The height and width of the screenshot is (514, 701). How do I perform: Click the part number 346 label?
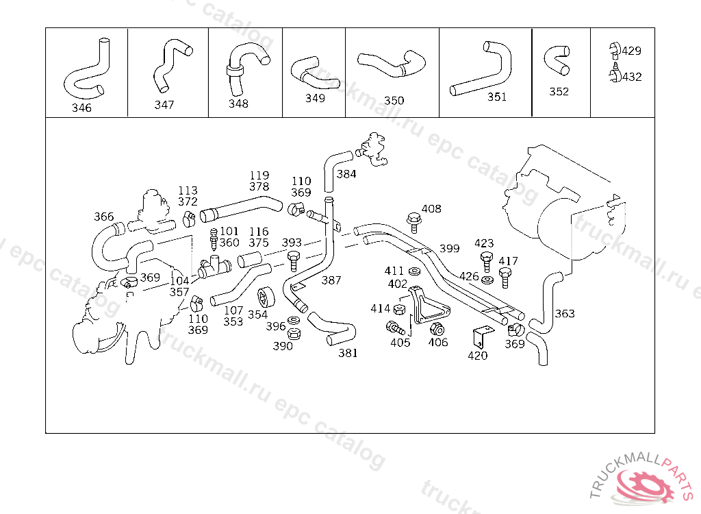[x=81, y=108]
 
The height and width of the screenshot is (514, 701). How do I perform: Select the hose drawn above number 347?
[x=168, y=64]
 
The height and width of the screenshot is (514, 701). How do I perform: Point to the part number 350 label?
[x=394, y=100]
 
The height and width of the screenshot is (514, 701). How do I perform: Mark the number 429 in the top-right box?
[x=631, y=51]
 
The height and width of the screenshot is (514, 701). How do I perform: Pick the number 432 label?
[x=631, y=77]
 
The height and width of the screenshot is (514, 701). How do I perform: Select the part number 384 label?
[x=346, y=174]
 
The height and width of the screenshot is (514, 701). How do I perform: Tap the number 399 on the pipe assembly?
[x=449, y=248]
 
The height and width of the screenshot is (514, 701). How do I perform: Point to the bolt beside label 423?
[x=486, y=260]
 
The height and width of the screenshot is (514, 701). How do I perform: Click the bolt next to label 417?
[x=505, y=276]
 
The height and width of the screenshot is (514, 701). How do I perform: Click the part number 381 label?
[x=348, y=353]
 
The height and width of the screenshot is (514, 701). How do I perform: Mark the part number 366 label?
[x=104, y=217]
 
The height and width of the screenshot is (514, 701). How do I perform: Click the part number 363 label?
[x=565, y=314]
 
